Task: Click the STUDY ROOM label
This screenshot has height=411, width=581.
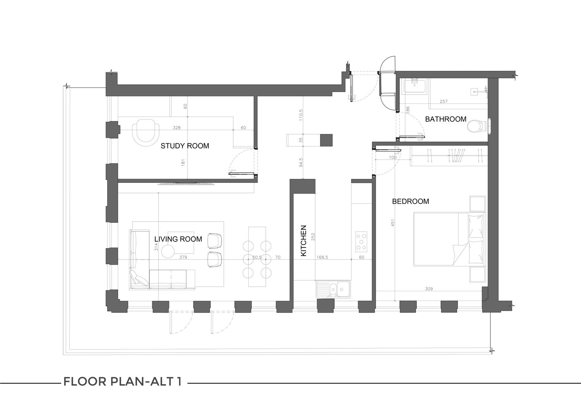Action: [185, 146]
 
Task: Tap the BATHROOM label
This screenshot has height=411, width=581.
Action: [445, 119]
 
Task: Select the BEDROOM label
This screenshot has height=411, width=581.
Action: [410, 201]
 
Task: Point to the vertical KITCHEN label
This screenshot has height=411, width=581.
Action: [303, 241]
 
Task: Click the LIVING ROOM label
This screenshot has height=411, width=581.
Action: [178, 239]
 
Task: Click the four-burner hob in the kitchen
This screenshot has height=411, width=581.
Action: [361, 242]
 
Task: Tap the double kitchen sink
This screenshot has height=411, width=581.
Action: [333, 289]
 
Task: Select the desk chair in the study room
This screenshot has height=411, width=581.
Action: [146, 132]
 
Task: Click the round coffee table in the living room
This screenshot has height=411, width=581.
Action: [168, 251]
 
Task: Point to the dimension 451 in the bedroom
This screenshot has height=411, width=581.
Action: [393, 223]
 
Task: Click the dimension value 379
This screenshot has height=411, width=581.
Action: [183, 257]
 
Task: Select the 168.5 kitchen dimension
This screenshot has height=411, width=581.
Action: [322, 257]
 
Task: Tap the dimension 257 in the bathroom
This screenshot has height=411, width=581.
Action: [444, 101]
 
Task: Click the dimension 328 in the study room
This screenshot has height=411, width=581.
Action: [177, 128]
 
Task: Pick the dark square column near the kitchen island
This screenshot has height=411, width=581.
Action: [326, 140]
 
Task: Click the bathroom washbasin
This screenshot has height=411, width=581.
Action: [414, 86]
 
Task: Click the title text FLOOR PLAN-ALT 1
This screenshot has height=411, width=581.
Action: [122, 382]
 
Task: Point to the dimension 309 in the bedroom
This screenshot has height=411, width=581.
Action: [429, 289]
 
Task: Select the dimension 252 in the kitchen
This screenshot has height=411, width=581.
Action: [313, 237]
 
